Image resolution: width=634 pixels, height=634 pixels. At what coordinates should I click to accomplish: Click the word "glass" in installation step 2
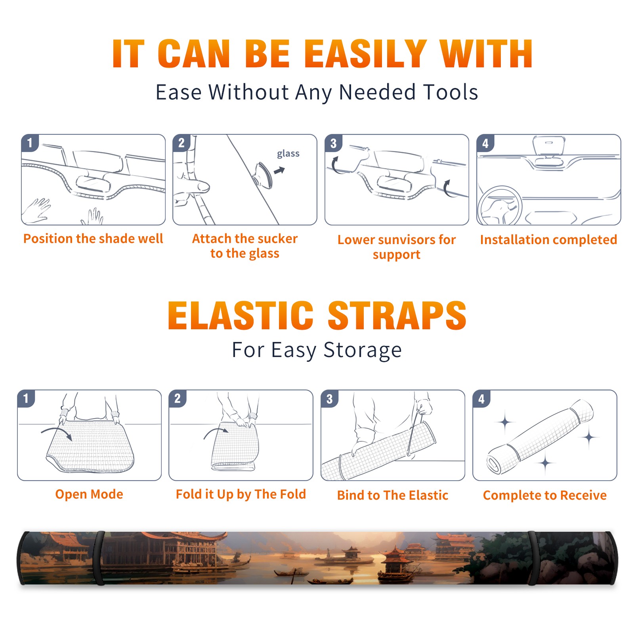(288, 154)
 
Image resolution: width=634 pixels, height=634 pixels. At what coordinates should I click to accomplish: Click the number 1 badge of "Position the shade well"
(30, 143)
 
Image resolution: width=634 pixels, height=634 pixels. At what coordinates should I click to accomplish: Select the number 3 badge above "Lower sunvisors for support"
(334, 143)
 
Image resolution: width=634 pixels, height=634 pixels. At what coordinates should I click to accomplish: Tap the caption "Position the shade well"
(93, 239)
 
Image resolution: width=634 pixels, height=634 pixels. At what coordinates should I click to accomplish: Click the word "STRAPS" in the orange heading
(397, 315)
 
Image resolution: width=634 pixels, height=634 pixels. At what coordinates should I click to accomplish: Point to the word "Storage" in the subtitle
(363, 350)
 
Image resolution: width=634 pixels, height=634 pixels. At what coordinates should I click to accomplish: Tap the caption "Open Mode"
(89, 494)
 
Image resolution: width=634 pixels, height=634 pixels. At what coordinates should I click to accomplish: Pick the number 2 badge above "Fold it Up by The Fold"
(178, 398)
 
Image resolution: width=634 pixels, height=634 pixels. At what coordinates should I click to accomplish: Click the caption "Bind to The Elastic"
(392, 495)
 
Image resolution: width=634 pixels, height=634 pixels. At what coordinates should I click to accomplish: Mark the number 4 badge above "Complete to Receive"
(481, 399)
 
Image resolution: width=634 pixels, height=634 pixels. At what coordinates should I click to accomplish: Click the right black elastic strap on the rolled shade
(533, 558)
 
